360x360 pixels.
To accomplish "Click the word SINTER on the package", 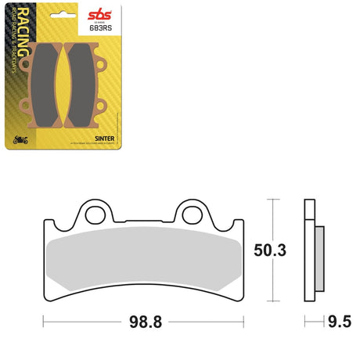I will pos(105,135).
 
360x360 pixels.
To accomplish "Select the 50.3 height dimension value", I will pos(271,250).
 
